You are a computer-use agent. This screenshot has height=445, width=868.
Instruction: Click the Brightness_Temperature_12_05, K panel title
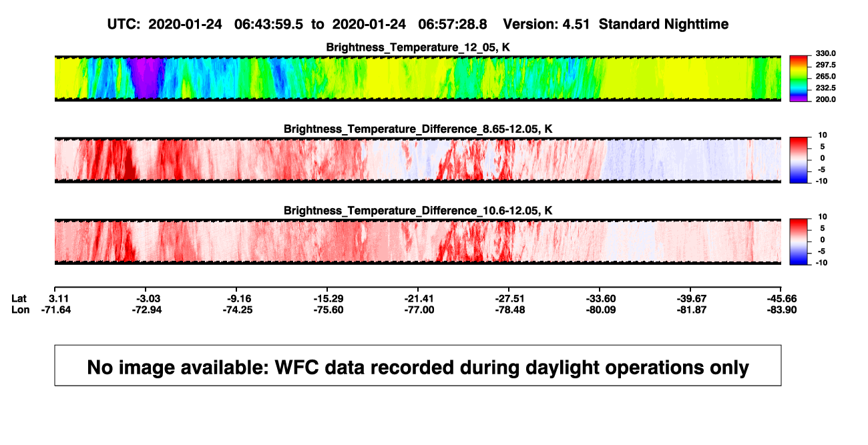click(418, 47)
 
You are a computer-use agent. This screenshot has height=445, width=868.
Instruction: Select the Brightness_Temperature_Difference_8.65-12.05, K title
click(418, 129)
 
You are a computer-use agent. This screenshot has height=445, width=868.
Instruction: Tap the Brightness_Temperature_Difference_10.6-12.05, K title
click(418, 211)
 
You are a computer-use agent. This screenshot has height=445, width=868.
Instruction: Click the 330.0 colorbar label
click(825, 53)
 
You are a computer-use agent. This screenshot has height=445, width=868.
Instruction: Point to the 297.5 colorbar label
click(825, 65)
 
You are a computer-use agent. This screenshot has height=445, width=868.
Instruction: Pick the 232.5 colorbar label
click(825, 88)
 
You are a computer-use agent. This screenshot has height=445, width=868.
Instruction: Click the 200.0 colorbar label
click(825, 99)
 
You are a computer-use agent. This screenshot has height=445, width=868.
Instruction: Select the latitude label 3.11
click(59, 299)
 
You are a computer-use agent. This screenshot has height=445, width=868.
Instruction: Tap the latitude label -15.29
click(329, 299)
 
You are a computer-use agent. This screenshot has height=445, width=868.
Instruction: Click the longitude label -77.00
click(419, 310)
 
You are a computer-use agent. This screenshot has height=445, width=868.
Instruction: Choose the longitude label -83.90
click(782, 310)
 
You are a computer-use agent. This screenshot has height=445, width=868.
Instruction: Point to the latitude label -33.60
click(601, 299)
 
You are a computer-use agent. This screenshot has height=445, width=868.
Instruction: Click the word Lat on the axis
click(19, 299)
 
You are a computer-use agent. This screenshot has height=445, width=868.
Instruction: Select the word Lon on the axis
click(21, 310)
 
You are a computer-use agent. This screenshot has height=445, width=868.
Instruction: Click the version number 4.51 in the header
click(576, 24)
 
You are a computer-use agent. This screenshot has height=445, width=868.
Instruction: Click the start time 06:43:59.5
click(268, 24)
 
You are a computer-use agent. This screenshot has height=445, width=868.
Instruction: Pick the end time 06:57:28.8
click(453, 24)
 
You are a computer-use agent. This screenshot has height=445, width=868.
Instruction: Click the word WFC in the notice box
click(297, 368)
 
